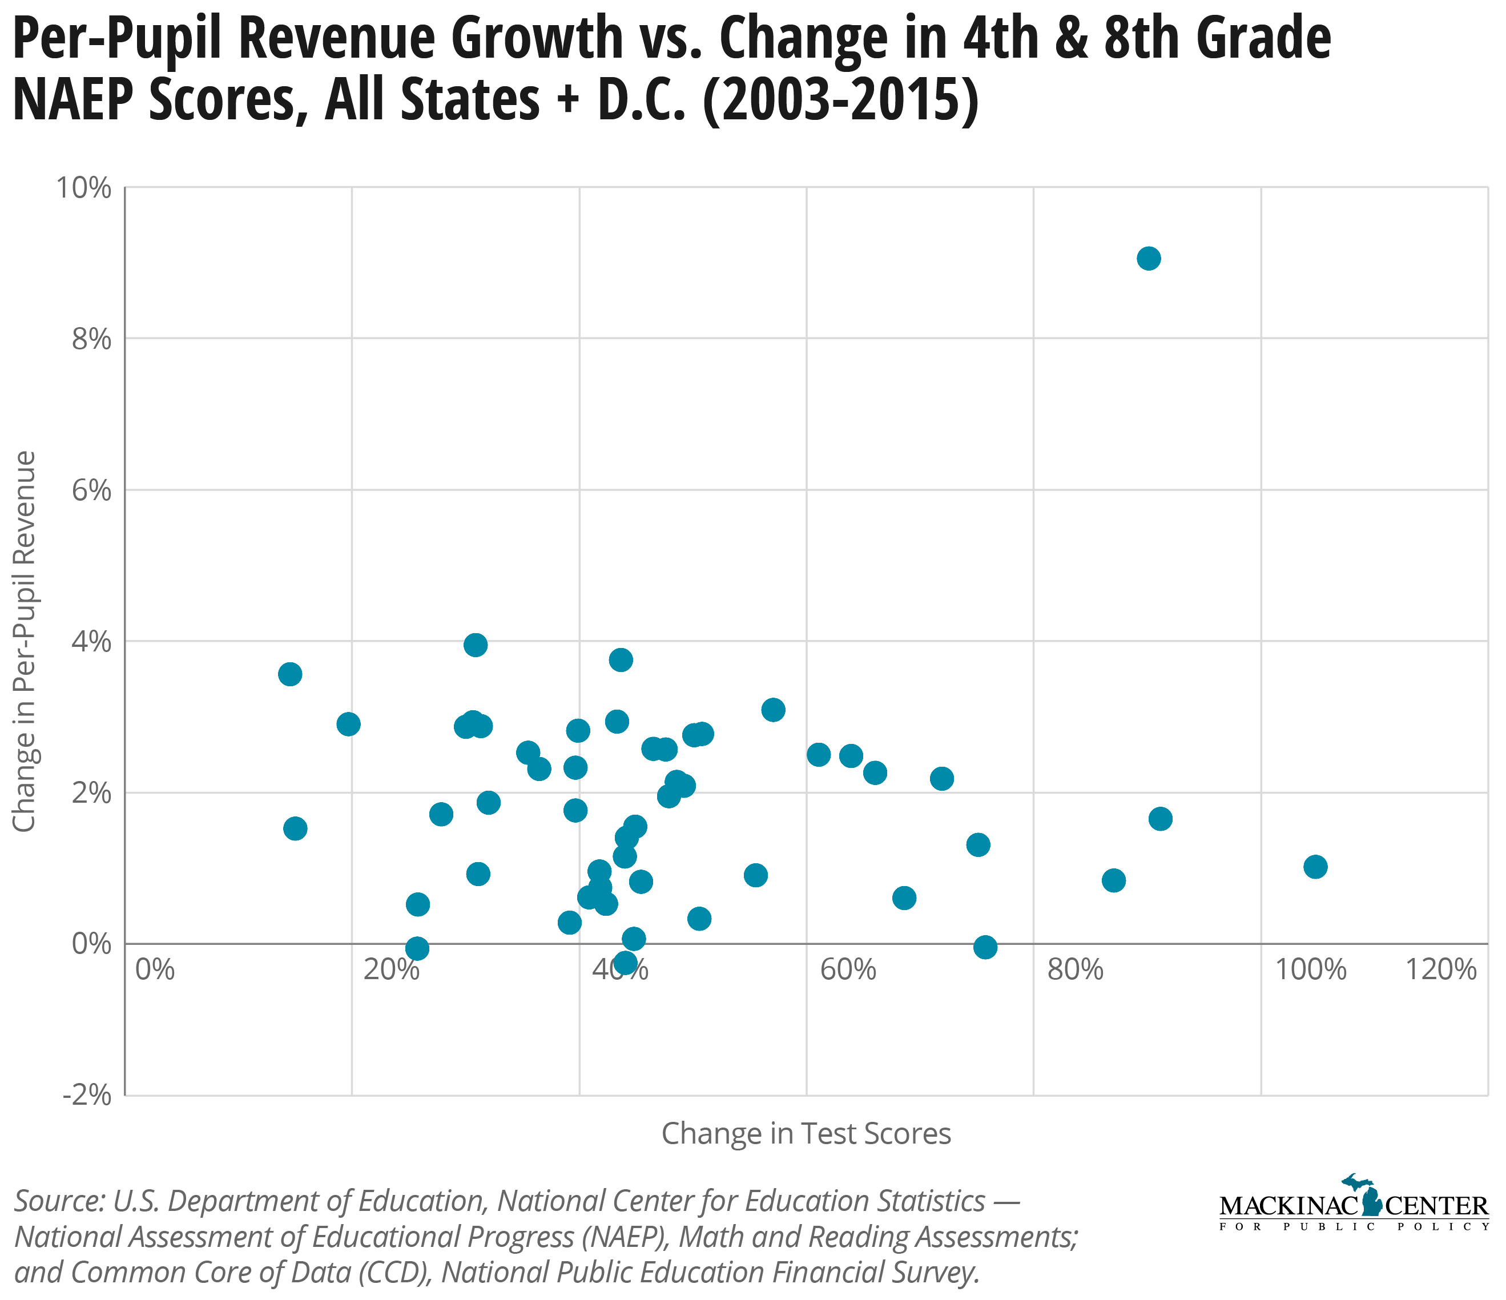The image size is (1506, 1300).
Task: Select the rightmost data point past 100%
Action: click(x=1315, y=867)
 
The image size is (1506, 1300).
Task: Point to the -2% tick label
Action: click(x=88, y=1096)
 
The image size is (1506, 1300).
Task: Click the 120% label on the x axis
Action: click(x=1441, y=970)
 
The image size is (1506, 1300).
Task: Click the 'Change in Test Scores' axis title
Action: click(x=806, y=1133)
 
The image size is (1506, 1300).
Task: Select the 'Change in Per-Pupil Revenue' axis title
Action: click(x=26, y=641)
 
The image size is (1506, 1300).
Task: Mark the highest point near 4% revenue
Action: click(x=476, y=645)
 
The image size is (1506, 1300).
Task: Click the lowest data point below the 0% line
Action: click(x=625, y=964)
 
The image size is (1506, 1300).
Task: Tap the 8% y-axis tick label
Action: click(x=91, y=340)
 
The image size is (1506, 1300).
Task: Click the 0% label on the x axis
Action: click(x=155, y=970)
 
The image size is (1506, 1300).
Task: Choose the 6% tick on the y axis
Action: click(x=91, y=491)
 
